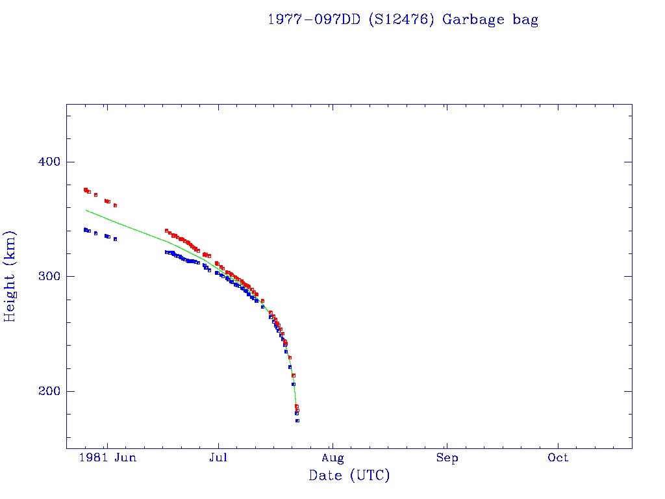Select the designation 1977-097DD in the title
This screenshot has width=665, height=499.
(x=314, y=19)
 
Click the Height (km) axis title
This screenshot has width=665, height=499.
(x=10, y=276)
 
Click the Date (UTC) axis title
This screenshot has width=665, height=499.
(x=349, y=476)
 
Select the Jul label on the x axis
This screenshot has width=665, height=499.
(x=218, y=458)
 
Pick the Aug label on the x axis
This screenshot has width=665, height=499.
(x=332, y=458)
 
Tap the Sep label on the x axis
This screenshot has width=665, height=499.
(x=447, y=458)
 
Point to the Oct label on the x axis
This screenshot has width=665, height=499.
(x=558, y=458)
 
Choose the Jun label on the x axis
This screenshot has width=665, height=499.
(x=125, y=458)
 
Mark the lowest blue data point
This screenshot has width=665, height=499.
(x=297, y=420)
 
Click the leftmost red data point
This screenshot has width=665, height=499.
(x=85, y=190)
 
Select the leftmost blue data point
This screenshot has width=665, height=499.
(x=85, y=229)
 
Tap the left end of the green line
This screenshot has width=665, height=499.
(x=86, y=210)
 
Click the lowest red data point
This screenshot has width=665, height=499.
(x=297, y=410)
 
